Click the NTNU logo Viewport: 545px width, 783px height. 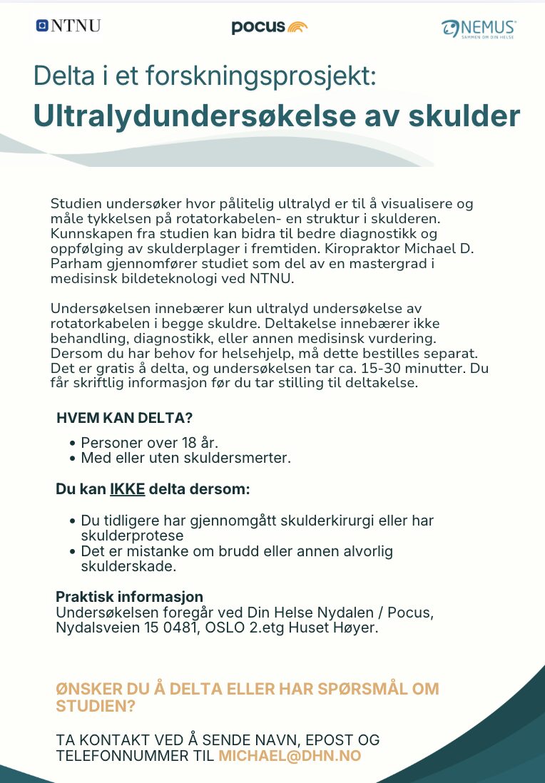coord(68,26)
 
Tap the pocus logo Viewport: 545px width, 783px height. coord(270,27)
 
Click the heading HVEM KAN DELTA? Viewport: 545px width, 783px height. coord(124,418)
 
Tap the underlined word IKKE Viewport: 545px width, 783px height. coord(127,489)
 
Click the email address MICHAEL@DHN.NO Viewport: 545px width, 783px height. coord(290,756)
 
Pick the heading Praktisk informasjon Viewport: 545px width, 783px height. coord(129,596)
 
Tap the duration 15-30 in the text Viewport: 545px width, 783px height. coord(385,368)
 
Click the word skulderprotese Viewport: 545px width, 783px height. coord(132,536)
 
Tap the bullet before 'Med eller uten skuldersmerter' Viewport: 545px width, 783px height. coord(73,459)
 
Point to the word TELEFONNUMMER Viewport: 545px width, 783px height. coord(123,756)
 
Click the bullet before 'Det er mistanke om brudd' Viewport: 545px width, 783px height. coord(73,552)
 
